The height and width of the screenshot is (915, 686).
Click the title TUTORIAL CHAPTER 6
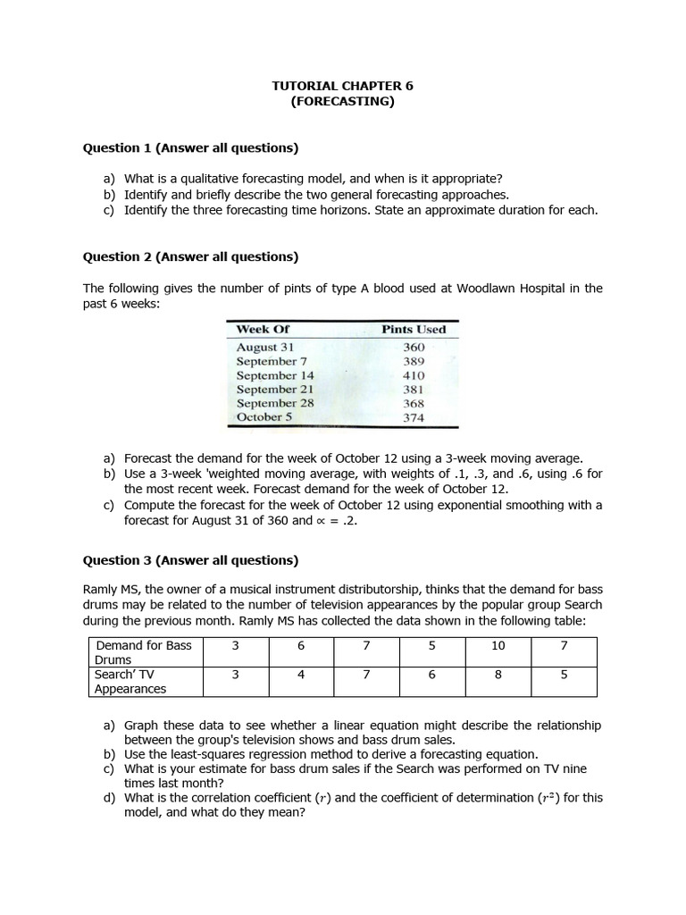(342, 86)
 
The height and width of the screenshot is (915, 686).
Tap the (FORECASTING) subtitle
(342, 101)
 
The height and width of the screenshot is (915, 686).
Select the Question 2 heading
(190, 256)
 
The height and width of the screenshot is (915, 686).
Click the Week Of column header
(263, 329)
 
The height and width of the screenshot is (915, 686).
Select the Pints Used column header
(414, 329)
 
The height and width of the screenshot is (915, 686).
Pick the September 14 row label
(275, 375)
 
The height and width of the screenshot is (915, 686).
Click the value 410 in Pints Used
(414, 375)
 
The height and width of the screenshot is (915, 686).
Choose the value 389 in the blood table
(414, 361)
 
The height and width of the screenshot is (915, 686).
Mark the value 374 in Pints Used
(414, 417)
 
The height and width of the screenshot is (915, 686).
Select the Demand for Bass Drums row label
(146, 652)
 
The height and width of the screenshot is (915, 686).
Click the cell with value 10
(498, 645)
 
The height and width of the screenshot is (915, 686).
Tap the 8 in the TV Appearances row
(498, 675)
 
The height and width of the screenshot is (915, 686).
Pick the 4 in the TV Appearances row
(301, 675)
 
